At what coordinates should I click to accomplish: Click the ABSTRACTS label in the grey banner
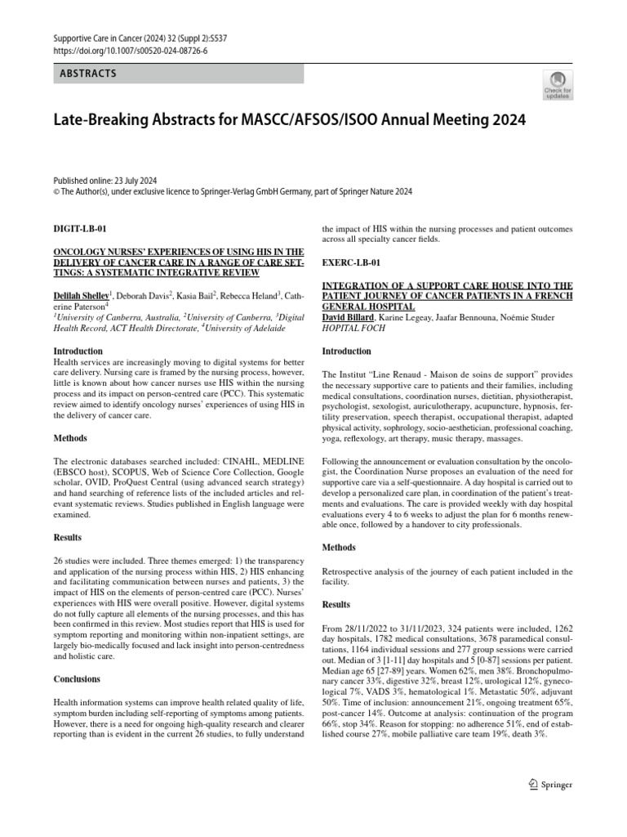[88, 74]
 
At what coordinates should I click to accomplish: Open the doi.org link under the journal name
[131, 50]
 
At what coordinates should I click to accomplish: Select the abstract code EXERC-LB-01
[352, 263]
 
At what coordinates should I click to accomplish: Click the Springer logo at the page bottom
[550, 785]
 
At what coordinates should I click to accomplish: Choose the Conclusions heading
[77, 678]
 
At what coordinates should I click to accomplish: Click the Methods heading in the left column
[70, 438]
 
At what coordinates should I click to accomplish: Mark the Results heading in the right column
[336, 604]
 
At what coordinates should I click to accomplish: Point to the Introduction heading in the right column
[347, 351]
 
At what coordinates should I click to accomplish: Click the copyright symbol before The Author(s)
[56, 191]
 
